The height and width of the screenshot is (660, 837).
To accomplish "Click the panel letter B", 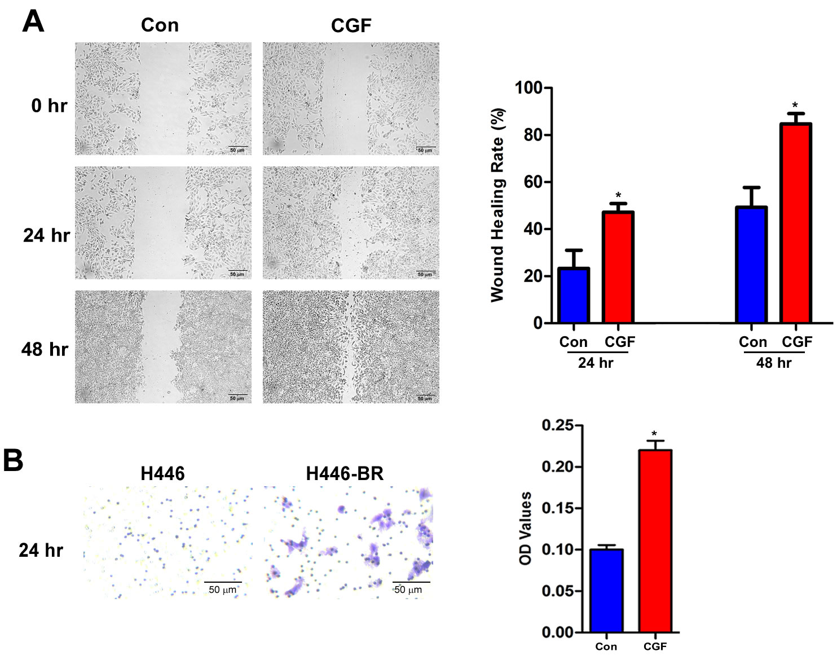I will pos(14,460).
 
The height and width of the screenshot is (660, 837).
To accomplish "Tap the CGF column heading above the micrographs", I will pos(351,25).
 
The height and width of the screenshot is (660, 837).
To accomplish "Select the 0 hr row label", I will pos(49,105).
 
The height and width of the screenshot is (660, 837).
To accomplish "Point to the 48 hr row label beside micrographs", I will pos(45,349).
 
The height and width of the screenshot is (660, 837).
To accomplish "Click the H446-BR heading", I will pos(345,474).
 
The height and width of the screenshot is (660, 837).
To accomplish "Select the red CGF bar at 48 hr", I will pos(796,223).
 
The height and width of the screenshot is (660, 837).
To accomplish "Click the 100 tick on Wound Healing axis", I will pos(528,89).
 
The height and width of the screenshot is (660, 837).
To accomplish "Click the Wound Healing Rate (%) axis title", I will pos(497,205).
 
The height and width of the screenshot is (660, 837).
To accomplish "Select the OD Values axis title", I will pos(525,528).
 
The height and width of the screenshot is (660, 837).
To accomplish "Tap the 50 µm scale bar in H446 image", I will pos(223,582).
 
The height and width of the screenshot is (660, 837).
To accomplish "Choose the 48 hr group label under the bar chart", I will pos(774,363).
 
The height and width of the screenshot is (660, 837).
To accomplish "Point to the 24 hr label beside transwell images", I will pos(41,550).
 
